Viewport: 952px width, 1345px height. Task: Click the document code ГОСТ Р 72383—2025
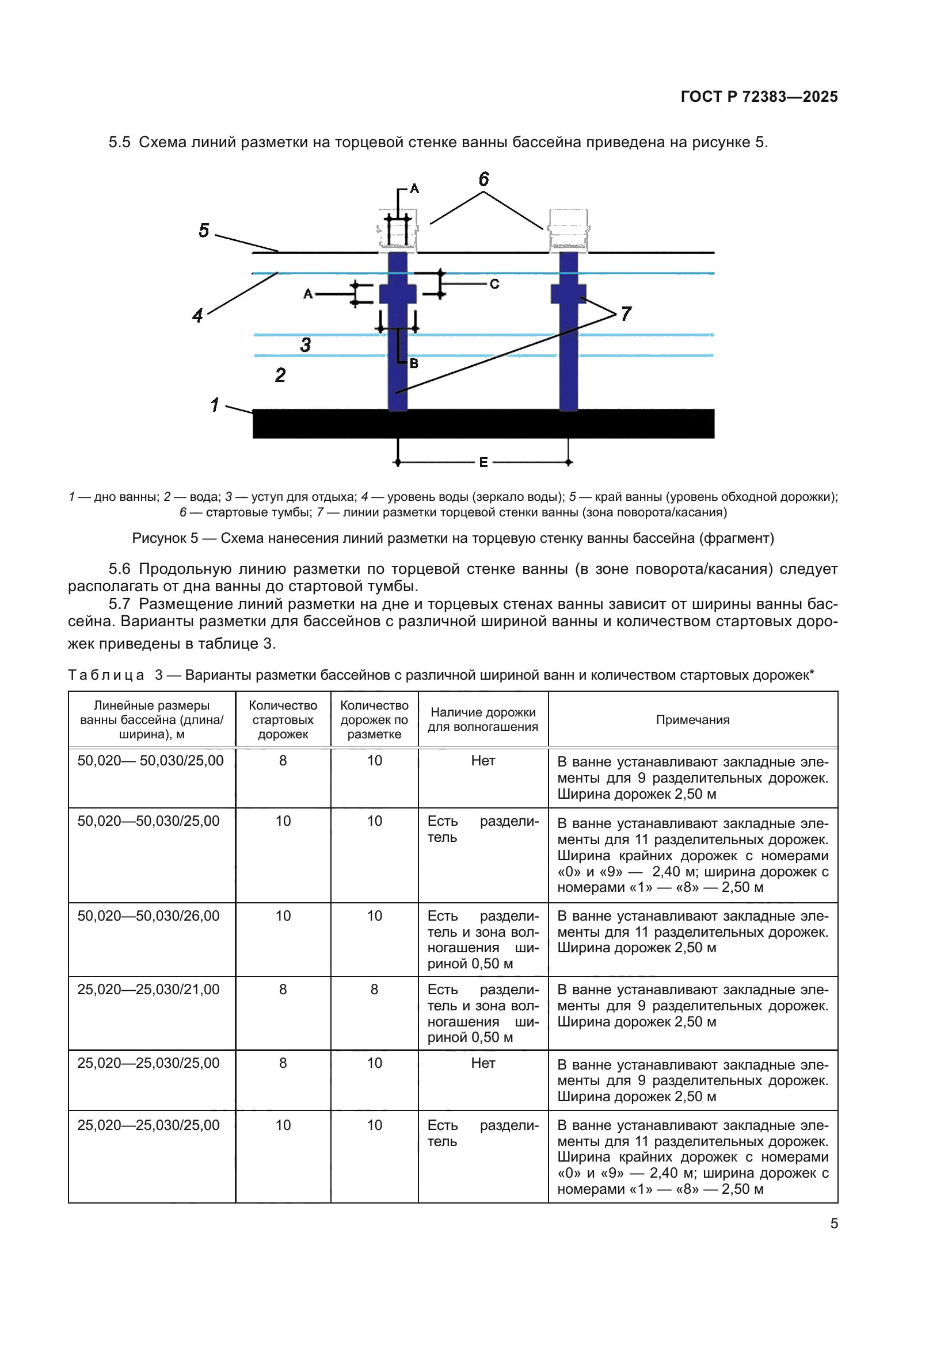pos(759,97)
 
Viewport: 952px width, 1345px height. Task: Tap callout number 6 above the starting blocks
pos(483,179)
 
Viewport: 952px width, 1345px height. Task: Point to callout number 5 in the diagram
pos(203,230)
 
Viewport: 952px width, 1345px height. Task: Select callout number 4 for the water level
pos(197,316)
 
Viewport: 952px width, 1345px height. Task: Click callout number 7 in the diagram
pos(626,313)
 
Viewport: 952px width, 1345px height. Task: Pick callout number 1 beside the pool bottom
pos(215,404)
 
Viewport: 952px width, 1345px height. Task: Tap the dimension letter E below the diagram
pos(483,462)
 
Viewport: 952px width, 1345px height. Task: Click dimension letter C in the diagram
pos(494,284)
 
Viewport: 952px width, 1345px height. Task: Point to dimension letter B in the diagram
pos(414,363)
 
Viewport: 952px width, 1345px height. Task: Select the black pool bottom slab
pos(483,424)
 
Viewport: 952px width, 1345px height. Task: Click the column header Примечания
pos(692,720)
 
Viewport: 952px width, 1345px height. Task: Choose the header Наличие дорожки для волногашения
pos(483,719)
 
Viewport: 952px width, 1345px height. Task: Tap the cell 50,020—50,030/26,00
pos(148,915)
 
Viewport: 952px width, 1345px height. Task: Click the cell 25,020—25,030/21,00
pos(148,990)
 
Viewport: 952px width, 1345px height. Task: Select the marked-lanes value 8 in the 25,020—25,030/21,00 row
pos(374,990)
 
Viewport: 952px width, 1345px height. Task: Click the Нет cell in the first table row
pos(483,761)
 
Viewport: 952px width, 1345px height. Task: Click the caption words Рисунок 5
pos(165,538)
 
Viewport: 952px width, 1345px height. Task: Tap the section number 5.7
pos(120,604)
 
